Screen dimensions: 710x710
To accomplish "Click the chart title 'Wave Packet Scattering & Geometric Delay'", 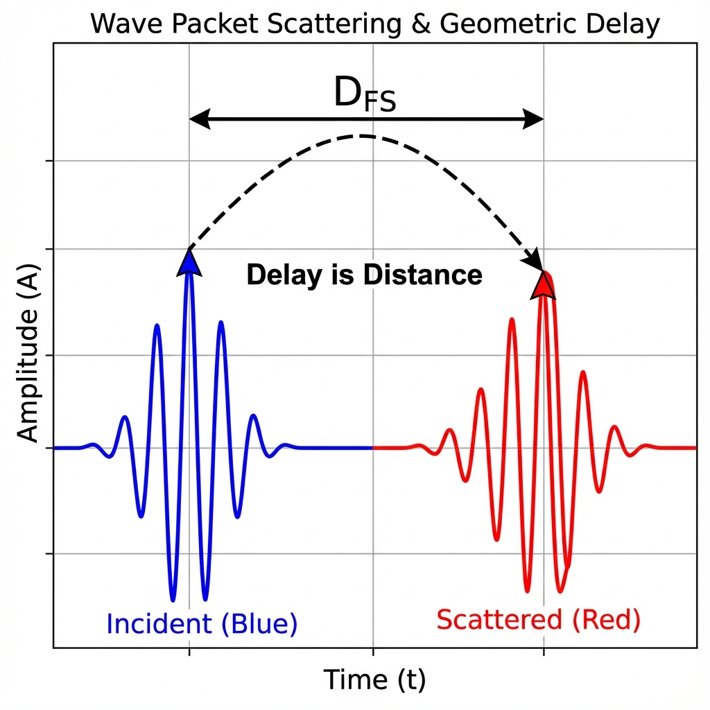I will click(x=374, y=24).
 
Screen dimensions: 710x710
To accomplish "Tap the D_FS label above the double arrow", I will click(x=365, y=95).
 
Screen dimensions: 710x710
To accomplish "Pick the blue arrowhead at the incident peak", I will click(x=189, y=262).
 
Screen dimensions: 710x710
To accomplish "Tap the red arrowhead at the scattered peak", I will click(x=544, y=284).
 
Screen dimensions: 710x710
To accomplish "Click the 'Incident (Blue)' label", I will click(x=202, y=624).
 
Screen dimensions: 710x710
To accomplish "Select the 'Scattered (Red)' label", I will click(x=538, y=619).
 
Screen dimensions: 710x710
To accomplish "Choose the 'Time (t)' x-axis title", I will click(x=374, y=680).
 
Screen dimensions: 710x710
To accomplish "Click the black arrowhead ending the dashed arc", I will click(x=535, y=263).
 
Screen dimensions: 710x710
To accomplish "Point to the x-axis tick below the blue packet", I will click(x=189, y=652).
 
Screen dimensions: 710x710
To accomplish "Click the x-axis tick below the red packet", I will click(x=544, y=652).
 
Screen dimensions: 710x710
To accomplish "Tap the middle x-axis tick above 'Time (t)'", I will click(x=374, y=652).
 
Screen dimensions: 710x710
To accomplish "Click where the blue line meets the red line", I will click(x=374, y=448).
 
